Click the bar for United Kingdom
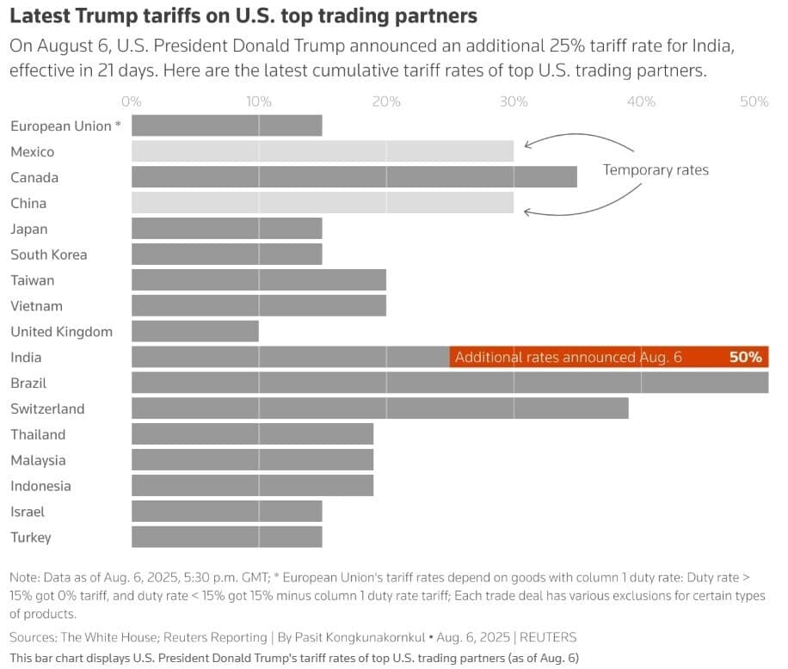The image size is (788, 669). pos(195,331)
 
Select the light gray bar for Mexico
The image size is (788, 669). pos(323,151)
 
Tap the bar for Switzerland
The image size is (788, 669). pos(380,408)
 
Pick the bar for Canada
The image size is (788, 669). pos(354,177)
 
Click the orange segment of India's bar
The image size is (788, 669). pos(609,357)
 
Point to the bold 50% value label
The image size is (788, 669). pos(746,357)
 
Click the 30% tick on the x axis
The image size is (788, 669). pos(514,102)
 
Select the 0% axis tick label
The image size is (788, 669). pos(132,102)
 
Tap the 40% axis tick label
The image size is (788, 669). pos(641,102)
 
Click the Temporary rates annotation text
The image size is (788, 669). pos(656,169)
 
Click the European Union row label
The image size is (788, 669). pos(66,126)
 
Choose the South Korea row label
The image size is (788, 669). pos(49,255)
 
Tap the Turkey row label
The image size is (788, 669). pos(31,537)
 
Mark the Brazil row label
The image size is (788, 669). pos(28,384)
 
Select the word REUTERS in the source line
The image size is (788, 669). pos(548,637)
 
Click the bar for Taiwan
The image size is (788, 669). pos(259,279)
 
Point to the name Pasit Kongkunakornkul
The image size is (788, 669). pos(360,637)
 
